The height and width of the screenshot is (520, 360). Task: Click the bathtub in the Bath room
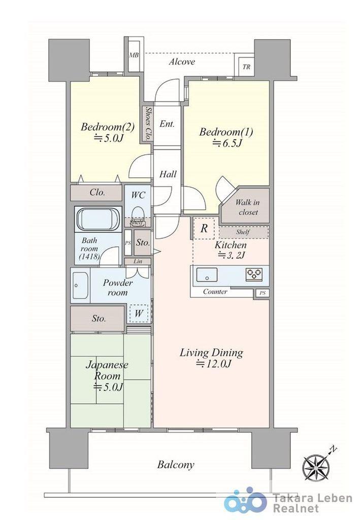coord(99,219)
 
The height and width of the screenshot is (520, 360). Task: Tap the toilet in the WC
coord(138,212)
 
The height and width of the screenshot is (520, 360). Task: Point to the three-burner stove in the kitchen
coord(253,274)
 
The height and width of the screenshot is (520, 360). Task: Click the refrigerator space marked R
coord(204,228)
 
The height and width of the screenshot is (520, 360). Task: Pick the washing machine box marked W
coord(139,313)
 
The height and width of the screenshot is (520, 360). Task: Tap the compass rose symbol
coord(316,467)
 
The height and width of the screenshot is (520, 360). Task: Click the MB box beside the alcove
coord(134,55)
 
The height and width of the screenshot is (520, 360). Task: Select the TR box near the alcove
coord(246,66)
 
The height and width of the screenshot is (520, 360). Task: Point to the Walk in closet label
coord(248,207)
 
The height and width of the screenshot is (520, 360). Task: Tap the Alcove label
coord(182,61)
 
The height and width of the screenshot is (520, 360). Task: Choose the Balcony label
coord(176,465)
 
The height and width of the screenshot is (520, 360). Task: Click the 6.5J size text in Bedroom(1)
coord(227,143)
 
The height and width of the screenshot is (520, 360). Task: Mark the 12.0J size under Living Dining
coord(213,364)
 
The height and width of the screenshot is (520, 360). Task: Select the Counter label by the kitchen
coord(215,292)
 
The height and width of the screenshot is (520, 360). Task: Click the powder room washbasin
coord(80,285)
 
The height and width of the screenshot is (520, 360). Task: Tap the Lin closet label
coord(138,262)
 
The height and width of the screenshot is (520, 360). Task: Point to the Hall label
coord(168,174)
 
